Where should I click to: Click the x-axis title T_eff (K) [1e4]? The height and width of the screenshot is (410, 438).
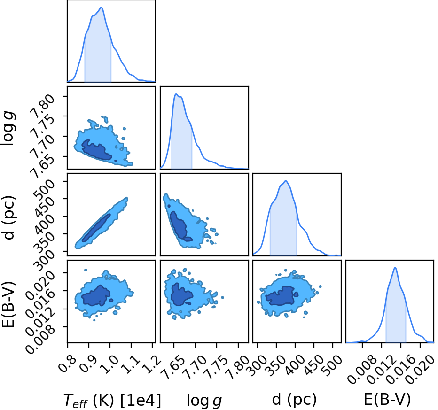[112, 400]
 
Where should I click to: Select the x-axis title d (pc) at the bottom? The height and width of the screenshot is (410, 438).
[294, 400]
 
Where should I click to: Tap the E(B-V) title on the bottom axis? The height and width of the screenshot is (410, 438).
[387, 400]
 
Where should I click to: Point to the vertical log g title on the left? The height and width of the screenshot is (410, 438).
[8, 128]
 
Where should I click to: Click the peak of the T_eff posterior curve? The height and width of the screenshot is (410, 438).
[102, 7]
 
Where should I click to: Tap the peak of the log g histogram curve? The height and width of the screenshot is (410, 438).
[176, 94]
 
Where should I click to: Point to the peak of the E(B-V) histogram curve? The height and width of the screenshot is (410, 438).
[395, 268]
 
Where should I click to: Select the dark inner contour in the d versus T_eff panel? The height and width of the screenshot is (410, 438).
[96, 228]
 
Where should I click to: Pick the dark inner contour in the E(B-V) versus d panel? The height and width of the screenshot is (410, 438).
[282, 296]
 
